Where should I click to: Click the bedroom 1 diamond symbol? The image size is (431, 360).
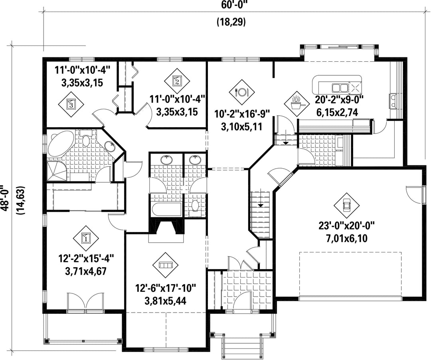86,238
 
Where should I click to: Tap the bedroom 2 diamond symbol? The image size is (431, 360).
177,81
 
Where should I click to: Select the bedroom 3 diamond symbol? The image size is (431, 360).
71,104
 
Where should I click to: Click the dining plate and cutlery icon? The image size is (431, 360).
241,92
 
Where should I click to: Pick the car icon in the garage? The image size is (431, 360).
346,205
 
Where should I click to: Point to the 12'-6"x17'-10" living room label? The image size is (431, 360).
166,289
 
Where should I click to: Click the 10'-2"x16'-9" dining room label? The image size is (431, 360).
241,114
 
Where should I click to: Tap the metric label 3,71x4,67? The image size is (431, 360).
86,271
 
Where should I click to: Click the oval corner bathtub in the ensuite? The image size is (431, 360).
61,143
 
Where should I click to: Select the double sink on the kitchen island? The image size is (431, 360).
340,88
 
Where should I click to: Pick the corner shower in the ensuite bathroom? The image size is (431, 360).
56,171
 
